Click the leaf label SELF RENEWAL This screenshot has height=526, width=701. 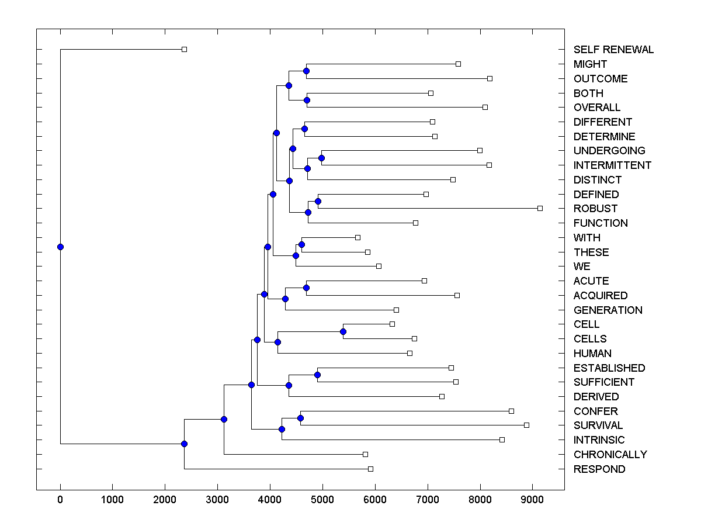click(613, 50)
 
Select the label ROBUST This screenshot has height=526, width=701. click(595, 209)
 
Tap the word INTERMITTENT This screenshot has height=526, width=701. click(612, 165)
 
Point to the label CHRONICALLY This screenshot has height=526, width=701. click(610, 455)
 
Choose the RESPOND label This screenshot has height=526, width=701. click(599, 469)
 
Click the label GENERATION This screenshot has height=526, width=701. click(608, 310)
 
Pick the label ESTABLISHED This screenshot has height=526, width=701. click(609, 368)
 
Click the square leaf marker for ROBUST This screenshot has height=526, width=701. click(540, 208)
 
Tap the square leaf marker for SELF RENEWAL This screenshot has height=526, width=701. click(184, 49)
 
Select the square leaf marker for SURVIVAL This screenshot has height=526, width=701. click(526, 425)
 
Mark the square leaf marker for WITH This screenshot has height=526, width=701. click(358, 237)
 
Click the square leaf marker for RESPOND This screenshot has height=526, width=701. click(370, 469)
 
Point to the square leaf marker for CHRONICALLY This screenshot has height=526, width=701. click(365, 454)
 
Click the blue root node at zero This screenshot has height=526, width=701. click(60, 247)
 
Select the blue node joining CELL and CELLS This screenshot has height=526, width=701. click(343, 331)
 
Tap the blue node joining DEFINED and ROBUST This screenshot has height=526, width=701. click(318, 201)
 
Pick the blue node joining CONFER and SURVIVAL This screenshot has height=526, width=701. click(300, 418)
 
